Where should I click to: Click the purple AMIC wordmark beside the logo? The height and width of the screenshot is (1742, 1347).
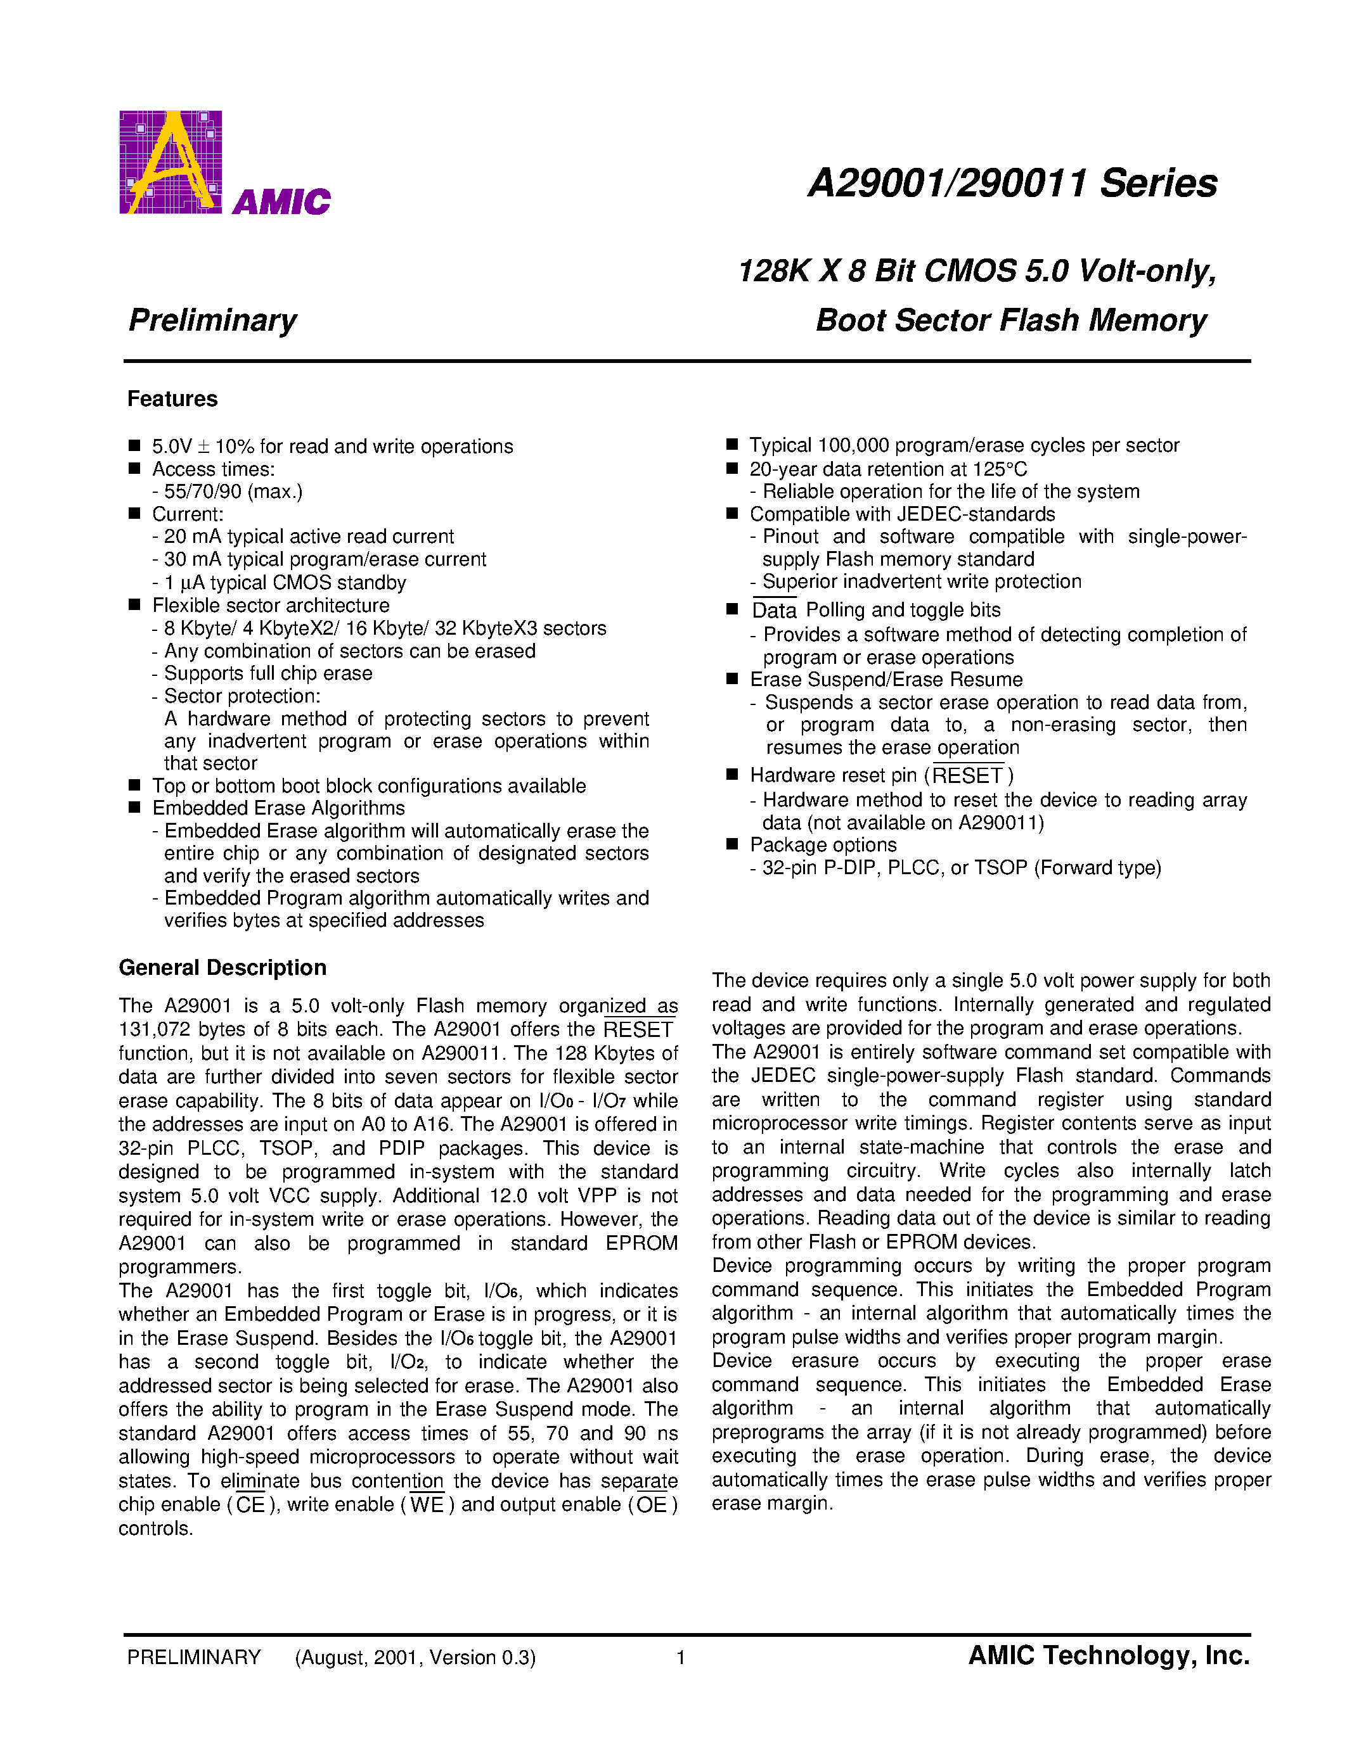click(281, 202)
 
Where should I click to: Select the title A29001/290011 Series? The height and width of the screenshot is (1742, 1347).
click(1012, 184)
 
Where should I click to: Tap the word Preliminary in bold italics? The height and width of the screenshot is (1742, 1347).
click(212, 320)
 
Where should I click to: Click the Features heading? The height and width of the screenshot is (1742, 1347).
click(172, 399)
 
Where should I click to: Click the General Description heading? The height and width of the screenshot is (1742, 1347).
click(222, 967)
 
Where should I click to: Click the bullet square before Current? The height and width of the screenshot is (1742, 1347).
click(134, 514)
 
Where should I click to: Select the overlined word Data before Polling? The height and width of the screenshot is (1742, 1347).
click(774, 610)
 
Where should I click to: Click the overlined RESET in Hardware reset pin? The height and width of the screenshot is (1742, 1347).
click(967, 775)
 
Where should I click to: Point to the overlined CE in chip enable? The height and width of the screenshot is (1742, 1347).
click(250, 1505)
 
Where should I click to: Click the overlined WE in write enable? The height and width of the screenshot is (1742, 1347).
click(427, 1505)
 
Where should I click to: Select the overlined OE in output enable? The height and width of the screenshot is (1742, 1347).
click(651, 1505)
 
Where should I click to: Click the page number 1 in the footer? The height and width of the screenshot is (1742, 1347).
click(681, 1658)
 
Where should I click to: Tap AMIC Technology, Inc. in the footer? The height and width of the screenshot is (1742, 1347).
click(1109, 1656)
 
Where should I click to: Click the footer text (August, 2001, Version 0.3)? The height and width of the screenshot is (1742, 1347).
click(415, 1658)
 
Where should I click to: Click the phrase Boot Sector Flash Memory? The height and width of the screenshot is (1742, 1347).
click(1011, 320)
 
